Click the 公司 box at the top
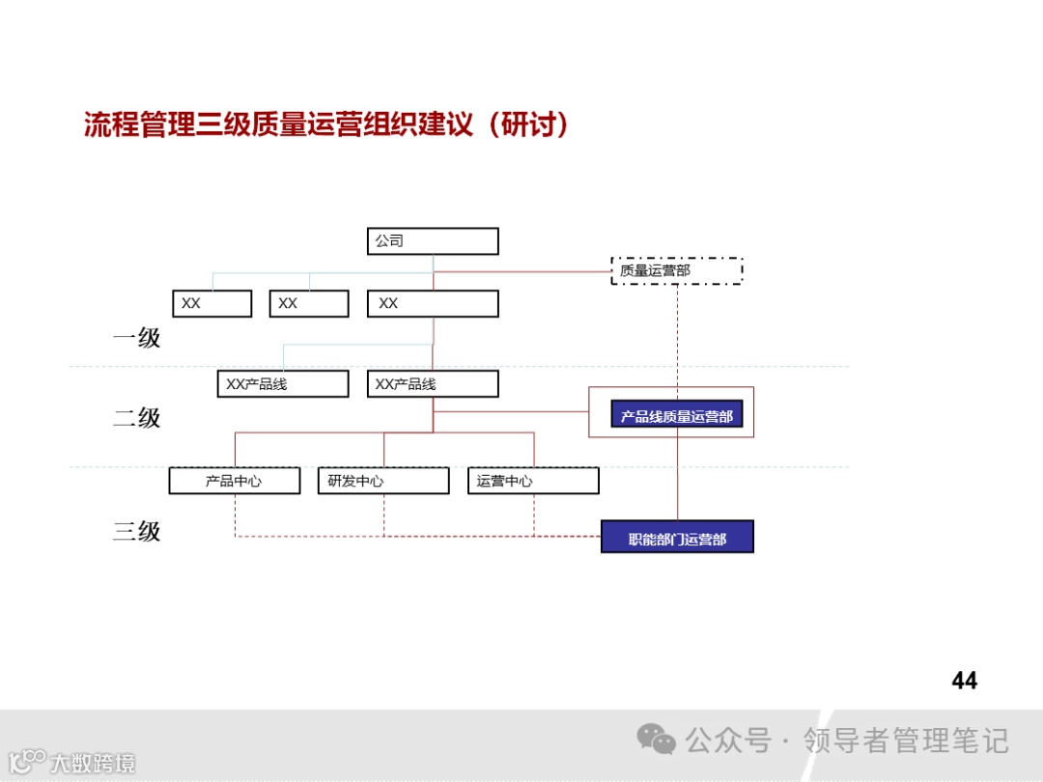433,241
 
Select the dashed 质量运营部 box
677,270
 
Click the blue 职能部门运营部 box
677,537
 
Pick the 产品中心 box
235,481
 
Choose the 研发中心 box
383,481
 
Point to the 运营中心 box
533,481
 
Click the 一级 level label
136,338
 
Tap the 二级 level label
136,418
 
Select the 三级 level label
136,531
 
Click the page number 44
964,681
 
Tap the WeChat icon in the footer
657,740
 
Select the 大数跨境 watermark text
93,763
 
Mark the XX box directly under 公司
433,303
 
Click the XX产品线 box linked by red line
433,384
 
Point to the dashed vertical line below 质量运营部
677,338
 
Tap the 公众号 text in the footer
728,741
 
